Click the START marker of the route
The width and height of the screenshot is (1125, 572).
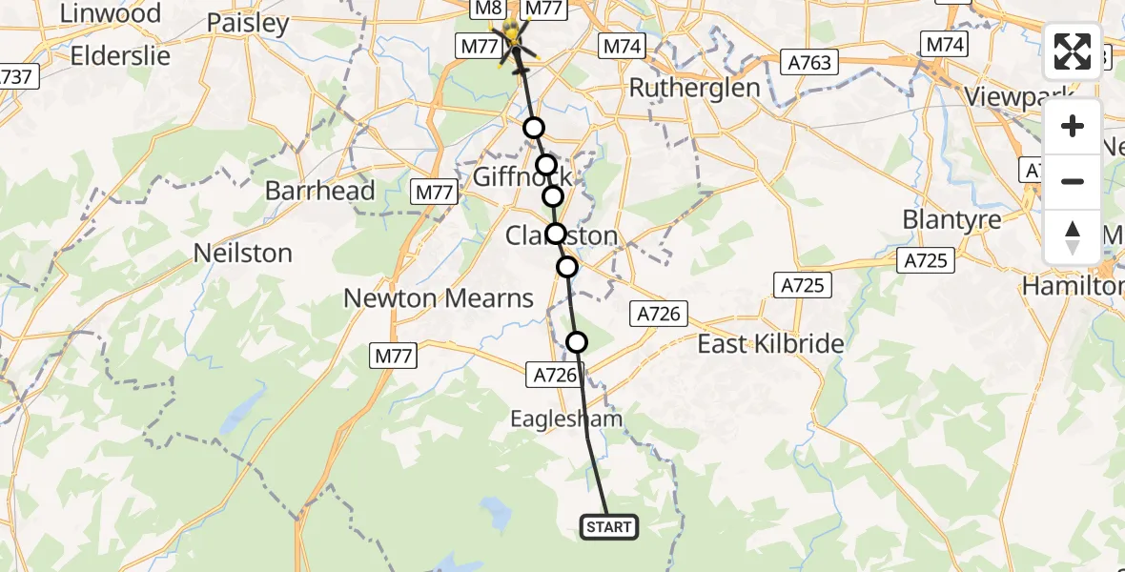[x=608, y=526]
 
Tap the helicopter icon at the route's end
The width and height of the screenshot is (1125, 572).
[x=515, y=39]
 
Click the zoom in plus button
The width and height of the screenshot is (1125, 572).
[x=1073, y=127]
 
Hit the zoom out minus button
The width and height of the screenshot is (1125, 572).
[x=1073, y=181]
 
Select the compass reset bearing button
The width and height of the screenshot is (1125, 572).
[x=1073, y=236]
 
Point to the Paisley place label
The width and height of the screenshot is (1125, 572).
[x=247, y=23]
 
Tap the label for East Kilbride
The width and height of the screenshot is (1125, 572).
[x=771, y=344]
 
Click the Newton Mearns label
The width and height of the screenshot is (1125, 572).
[x=439, y=298]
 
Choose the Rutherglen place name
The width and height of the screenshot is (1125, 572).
[x=694, y=89]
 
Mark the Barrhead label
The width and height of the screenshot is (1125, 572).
[x=320, y=191]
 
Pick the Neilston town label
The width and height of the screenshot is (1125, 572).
[x=242, y=254]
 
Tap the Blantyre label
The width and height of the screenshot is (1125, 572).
[x=951, y=219]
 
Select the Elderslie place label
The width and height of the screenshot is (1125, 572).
[x=120, y=55]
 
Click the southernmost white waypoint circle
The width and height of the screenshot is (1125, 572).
[x=577, y=342]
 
